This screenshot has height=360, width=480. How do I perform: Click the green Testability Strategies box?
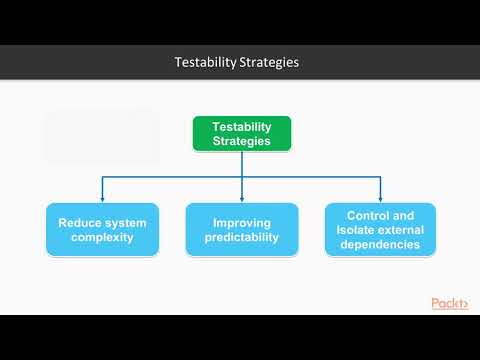(x=242, y=134)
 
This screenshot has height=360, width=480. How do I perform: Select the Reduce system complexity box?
(x=102, y=229)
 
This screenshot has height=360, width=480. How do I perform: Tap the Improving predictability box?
(x=242, y=229)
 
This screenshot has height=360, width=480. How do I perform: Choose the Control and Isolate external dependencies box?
(x=381, y=229)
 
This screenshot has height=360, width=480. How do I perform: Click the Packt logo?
(x=450, y=303)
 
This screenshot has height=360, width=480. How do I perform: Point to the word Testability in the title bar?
(x=205, y=63)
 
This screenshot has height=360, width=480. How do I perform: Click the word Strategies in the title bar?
(x=268, y=63)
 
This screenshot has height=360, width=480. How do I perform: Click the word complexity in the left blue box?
(x=102, y=238)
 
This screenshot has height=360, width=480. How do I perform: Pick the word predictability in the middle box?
(x=242, y=238)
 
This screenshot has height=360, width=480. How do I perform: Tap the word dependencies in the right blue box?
(x=381, y=244)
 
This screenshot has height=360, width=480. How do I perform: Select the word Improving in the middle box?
(x=242, y=221)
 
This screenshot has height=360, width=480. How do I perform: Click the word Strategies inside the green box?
(x=242, y=142)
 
